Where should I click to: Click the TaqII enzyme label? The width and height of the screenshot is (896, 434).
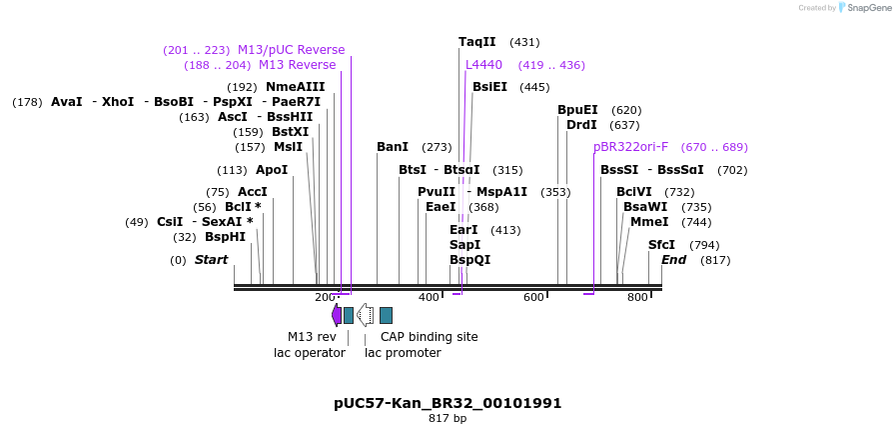click(476, 42)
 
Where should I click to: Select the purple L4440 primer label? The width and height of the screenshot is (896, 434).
click(483, 65)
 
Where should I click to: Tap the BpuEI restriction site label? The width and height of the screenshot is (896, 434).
click(577, 110)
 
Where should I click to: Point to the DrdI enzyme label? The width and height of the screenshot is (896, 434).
click(581, 125)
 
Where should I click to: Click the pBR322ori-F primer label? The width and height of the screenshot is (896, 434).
click(630, 147)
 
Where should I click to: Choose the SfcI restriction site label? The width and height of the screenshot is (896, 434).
click(661, 245)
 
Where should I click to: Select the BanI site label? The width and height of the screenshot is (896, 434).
click(393, 147)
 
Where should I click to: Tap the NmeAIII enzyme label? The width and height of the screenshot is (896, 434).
click(295, 87)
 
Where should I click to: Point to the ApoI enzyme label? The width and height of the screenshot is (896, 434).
click(271, 170)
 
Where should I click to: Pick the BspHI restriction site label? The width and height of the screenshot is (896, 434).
click(225, 237)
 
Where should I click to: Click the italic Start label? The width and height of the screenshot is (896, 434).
click(211, 260)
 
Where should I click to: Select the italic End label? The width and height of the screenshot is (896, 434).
click(673, 260)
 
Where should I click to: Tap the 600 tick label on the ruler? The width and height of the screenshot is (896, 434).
click(533, 297)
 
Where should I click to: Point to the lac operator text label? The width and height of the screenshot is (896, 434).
click(310, 353)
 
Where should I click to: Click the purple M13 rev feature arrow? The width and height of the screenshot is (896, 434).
click(337, 315)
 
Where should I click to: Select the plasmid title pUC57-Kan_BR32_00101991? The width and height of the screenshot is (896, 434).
click(448, 403)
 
